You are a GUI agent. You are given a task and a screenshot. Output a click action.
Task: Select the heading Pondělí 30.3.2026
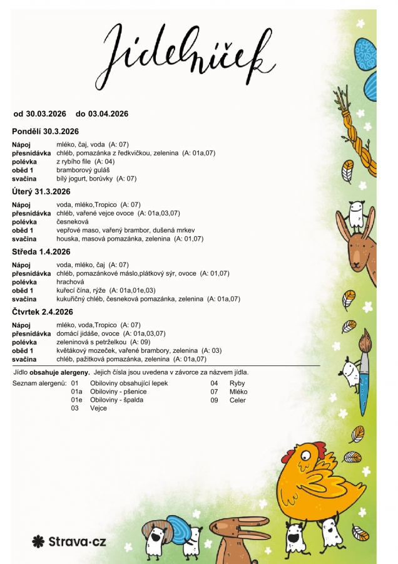tap(45, 131)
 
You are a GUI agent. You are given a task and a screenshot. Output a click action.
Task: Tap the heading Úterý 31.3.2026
tap(41, 191)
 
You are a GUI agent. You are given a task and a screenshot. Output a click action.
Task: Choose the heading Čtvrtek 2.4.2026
tap(43, 311)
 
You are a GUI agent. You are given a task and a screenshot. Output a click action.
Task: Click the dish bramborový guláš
tap(83, 170)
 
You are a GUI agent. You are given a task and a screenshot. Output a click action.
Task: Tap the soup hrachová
tap(69, 282)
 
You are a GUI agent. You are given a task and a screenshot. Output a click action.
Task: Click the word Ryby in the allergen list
tap(238, 383)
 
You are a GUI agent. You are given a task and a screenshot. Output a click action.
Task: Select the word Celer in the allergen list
tap(238, 400)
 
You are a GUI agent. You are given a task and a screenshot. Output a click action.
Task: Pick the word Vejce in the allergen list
tap(99, 409)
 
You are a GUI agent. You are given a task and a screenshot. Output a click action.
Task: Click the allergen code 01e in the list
tap(76, 400)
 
